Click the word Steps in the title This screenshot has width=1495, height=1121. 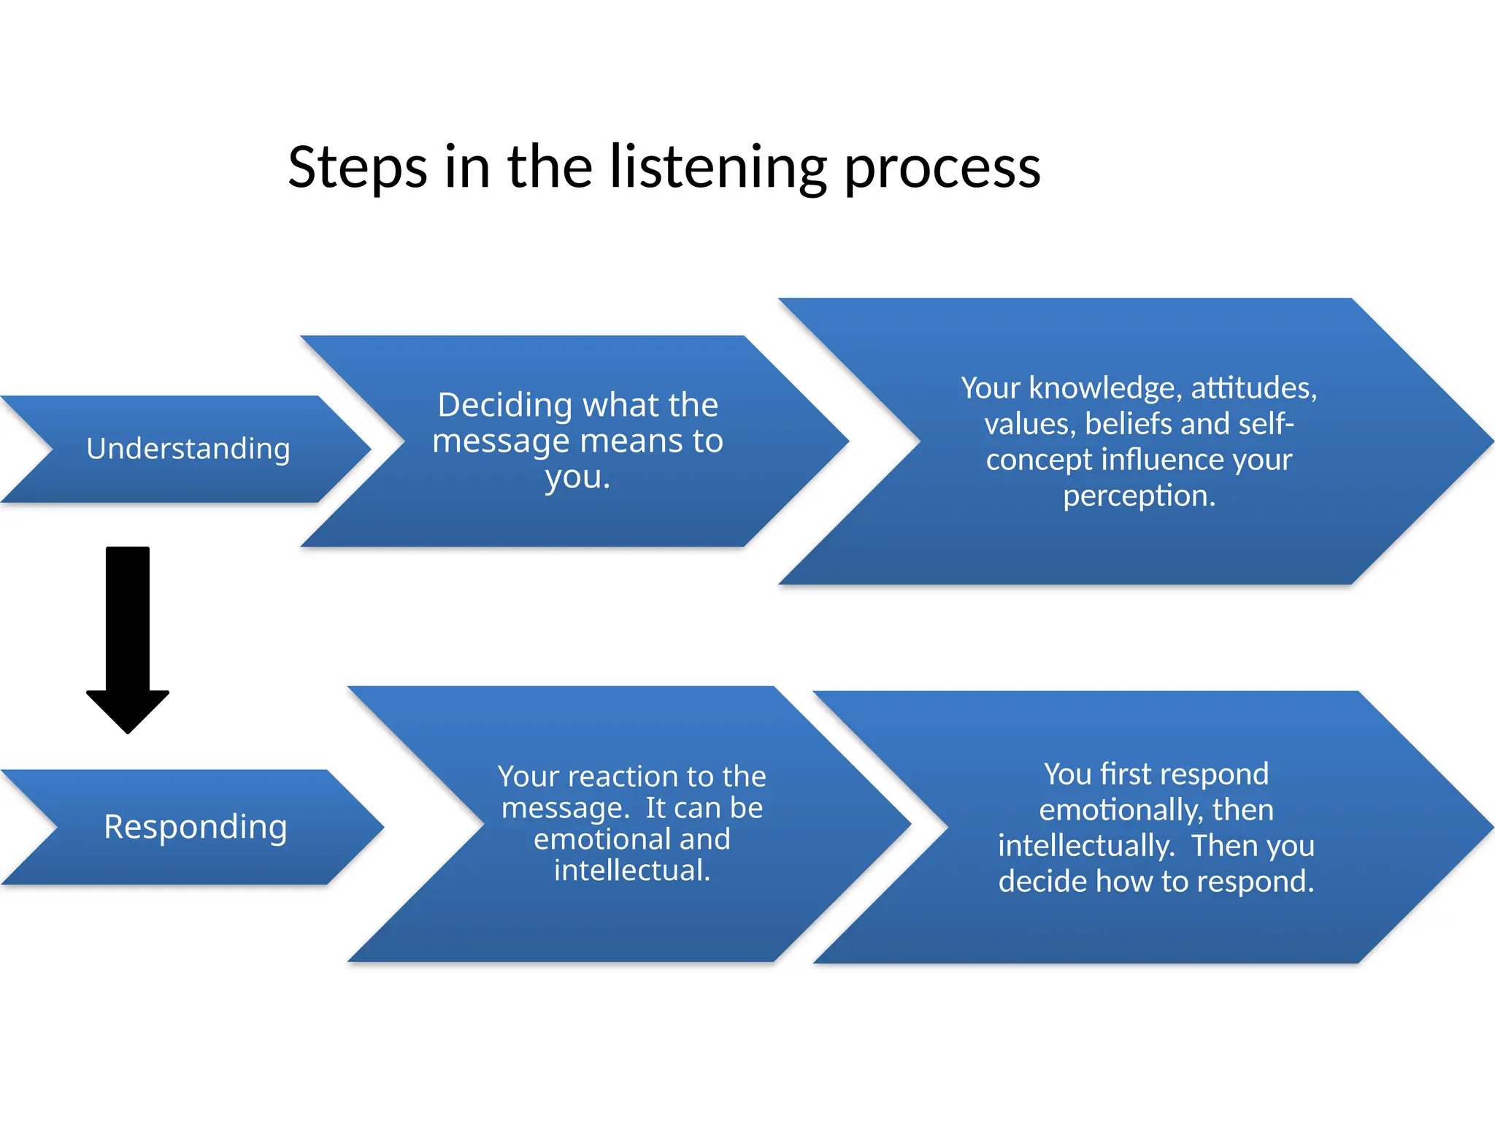pos(357,168)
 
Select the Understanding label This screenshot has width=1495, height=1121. pos(188,449)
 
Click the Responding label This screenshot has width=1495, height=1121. pos(196,827)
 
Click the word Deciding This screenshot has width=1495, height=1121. pos(504,405)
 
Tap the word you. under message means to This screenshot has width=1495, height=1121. pos(577,478)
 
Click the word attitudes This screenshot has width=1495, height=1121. pos(1253,388)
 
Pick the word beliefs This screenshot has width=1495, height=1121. pos(1128,424)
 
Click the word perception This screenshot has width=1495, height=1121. pos(1139,496)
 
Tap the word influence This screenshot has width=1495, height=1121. pos(1162,460)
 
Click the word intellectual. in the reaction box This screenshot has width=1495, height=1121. pos(632,871)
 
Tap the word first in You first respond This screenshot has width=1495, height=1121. pos(1126,774)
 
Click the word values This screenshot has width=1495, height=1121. pos(1029,424)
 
